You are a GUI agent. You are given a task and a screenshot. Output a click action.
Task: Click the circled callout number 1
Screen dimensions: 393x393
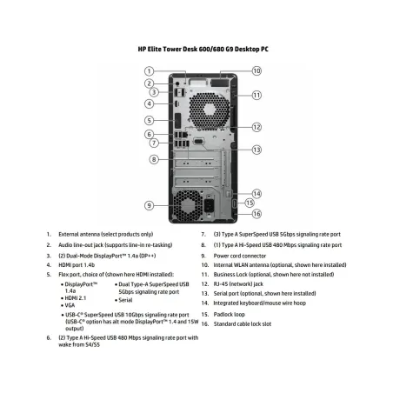(x=149, y=71)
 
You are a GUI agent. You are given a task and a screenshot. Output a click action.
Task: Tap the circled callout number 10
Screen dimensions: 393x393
(x=256, y=70)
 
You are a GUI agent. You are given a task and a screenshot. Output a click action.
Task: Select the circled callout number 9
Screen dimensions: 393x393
(x=149, y=205)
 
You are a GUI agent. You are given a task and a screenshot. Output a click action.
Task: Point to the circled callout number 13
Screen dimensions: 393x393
(x=256, y=150)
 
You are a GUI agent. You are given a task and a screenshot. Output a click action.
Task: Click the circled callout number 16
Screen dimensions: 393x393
(x=256, y=214)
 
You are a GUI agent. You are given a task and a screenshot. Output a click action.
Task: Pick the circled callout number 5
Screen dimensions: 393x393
(x=149, y=120)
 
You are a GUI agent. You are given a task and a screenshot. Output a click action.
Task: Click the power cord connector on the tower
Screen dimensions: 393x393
(x=210, y=205)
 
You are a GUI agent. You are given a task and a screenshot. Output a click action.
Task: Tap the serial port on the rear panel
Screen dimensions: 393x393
(x=198, y=141)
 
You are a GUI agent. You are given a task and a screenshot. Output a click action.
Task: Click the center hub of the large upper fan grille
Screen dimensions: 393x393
(x=210, y=110)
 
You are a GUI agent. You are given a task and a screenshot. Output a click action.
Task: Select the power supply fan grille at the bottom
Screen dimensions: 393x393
(x=188, y=205)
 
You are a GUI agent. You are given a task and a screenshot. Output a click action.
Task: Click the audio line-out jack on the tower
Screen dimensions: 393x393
(x=178, y=83)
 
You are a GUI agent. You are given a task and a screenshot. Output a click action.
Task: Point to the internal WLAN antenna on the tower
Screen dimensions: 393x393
(x=220, y=83)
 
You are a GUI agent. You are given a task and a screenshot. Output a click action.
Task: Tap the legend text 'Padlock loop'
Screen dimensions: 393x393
(x=229, y=315)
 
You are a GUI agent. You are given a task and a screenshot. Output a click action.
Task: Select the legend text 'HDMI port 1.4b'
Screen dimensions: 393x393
(x=77, y=265)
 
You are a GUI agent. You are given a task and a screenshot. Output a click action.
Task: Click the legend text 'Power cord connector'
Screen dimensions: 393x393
(x=240, y=256)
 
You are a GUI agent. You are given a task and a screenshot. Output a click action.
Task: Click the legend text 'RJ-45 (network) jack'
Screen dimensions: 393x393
(x=238, y=284)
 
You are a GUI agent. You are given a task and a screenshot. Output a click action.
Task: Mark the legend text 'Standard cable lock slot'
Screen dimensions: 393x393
(x=243, y=324)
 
